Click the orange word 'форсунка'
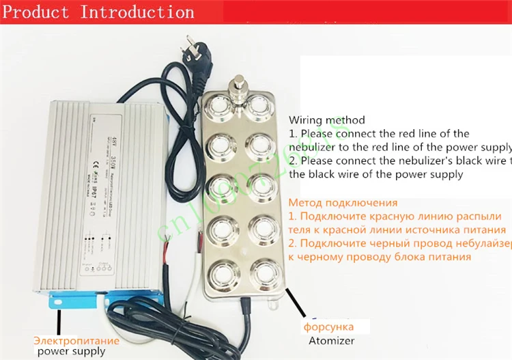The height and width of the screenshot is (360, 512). (x=328, y=326)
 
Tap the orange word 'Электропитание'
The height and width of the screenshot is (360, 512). (x=77, y=340)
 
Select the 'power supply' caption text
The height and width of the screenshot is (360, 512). (x=71, y=351)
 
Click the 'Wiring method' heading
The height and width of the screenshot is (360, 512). (x=326, y=120)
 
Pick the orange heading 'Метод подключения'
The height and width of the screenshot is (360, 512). (x=343, y=203)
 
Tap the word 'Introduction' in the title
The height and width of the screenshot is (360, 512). (x=137, y=12)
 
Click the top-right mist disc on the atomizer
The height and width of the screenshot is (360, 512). (x=261, y=105)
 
